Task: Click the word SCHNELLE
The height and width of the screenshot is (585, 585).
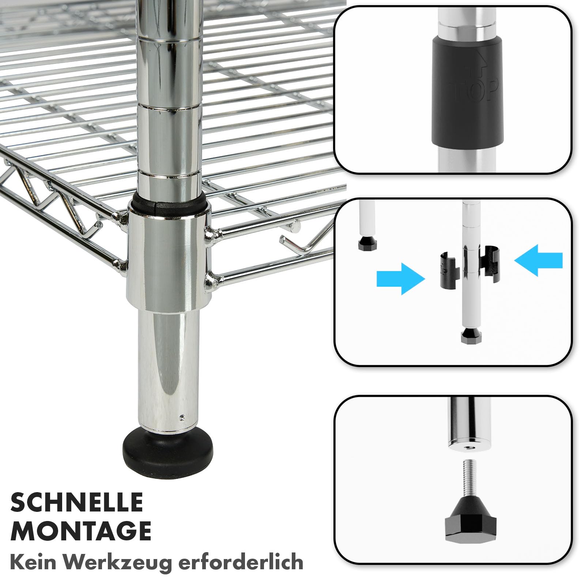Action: [77, 502]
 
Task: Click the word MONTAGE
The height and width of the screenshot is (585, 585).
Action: [81, 531]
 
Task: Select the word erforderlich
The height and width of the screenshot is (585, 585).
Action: [240, 562]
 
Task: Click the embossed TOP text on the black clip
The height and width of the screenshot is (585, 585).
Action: [475, 90]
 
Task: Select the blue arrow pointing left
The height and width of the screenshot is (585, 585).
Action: [538, 260]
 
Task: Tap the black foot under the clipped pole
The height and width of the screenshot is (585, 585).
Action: [469, 335]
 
